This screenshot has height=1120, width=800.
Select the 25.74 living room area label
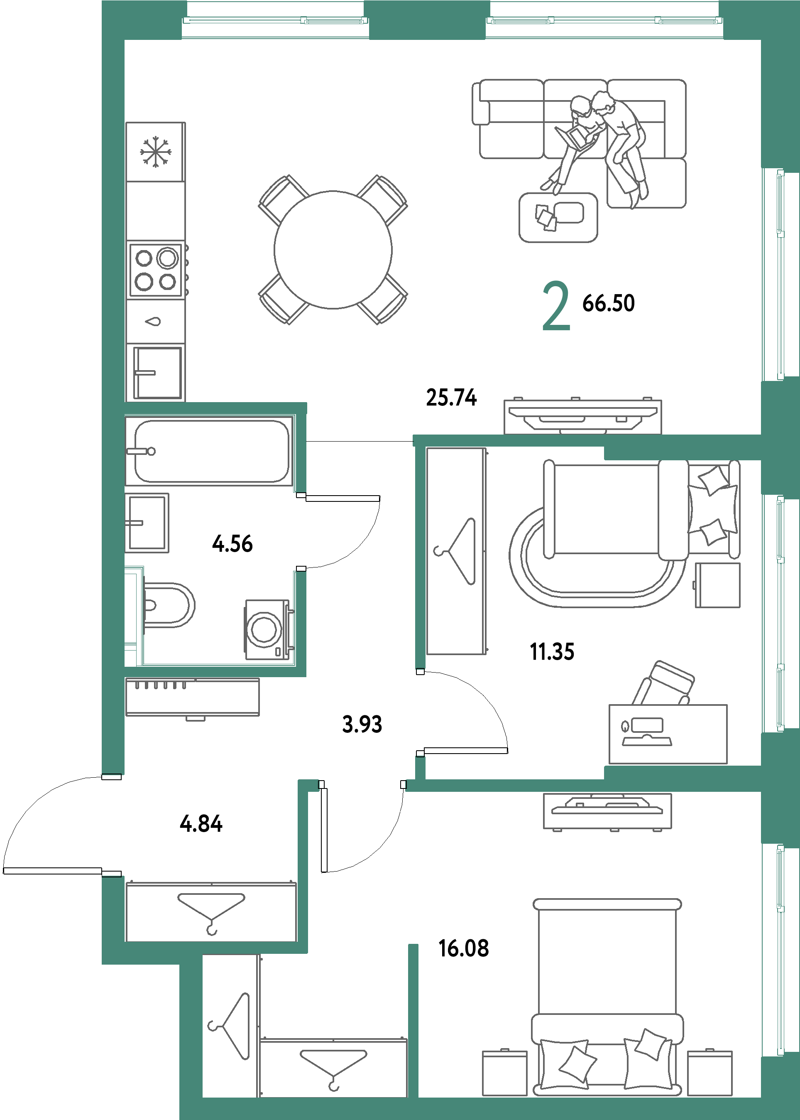(451, 397)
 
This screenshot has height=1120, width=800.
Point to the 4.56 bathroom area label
(232, 543)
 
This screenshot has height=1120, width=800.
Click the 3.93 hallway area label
(362, 724)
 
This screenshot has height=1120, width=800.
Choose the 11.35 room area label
(552, 651)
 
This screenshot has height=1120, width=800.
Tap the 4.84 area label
(201, 823)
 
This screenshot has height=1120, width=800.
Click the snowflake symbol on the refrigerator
(155, 151)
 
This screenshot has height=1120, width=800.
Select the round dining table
(333, 250)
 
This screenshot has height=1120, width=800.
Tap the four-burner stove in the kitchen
(156, 270)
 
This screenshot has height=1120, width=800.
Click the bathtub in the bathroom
(212, 451)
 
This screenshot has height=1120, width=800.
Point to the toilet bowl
(167, 605)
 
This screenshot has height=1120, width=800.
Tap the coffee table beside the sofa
(558, 217)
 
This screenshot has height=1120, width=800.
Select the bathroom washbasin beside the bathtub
(147, 523)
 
